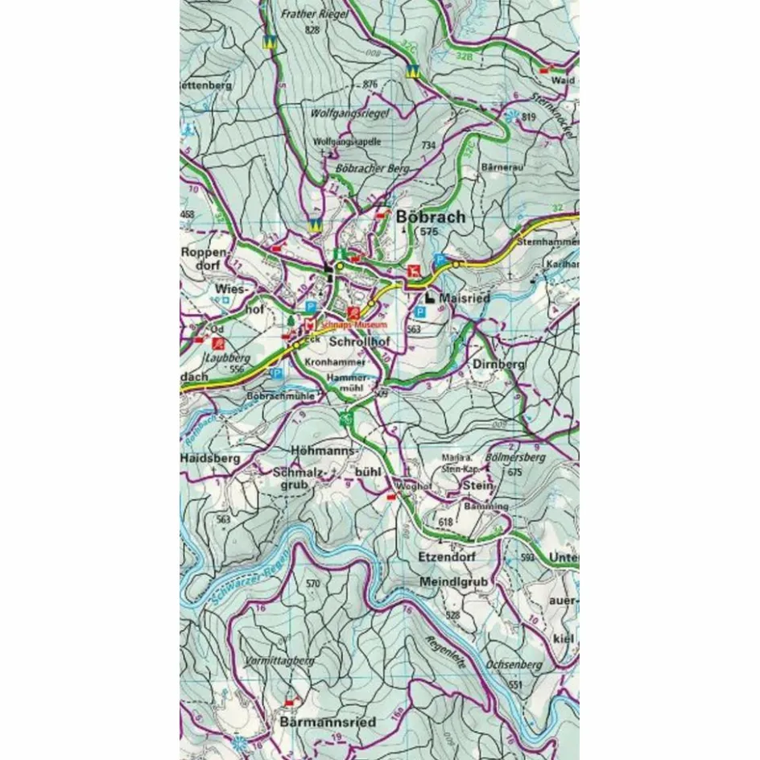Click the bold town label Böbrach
[431, 217]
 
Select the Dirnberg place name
[499, 364]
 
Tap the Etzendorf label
[448, 556]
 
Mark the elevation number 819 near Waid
[529, 117]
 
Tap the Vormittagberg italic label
[278, 661]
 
